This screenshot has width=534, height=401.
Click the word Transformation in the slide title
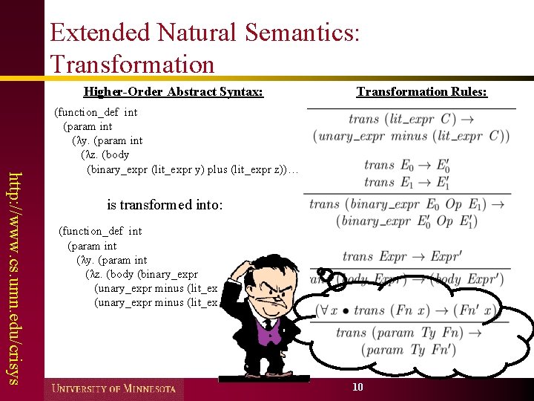click(132, 63)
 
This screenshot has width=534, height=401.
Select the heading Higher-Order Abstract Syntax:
click(173, 92)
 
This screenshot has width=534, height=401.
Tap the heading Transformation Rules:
click(421, 92)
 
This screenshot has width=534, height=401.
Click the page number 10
click(357, 387)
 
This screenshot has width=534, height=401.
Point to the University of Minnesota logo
click(113, 388)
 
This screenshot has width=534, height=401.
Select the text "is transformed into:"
click(165, 204)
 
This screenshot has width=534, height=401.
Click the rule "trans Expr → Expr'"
click(401, 257)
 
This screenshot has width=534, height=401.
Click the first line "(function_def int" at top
click(96, 113)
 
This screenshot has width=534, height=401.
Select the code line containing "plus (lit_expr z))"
click(192, 169)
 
